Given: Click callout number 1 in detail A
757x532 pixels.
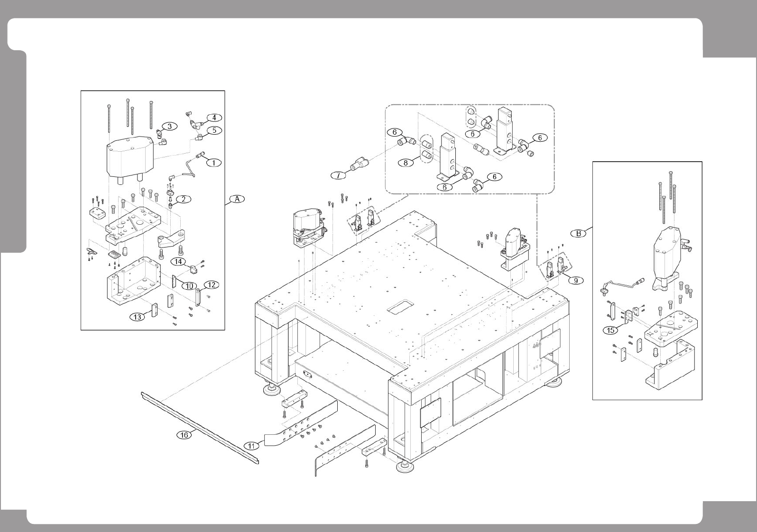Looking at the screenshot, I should point(213,163).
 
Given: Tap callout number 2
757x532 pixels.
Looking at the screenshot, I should point(183,199).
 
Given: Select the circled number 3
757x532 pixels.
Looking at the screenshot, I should point(169,126).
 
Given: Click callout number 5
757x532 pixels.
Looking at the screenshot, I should point(214,130).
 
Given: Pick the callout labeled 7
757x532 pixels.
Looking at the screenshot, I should point(338,175).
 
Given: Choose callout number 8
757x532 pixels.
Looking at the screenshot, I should point(406,163).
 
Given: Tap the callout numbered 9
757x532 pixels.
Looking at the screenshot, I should point(575,280).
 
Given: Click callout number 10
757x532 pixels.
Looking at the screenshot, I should point(189,286).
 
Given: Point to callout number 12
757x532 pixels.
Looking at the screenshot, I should point(211,285).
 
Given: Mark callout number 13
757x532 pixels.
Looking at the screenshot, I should point(138,317).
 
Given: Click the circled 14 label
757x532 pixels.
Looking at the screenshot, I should point(179,261).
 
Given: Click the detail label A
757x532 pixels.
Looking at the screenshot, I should point(237,199).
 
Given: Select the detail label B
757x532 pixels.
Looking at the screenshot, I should point(578,233).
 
